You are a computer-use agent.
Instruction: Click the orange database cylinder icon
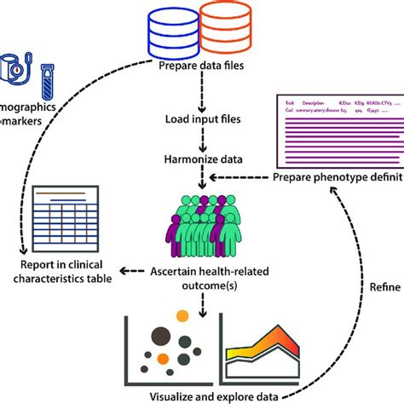click(225, 31)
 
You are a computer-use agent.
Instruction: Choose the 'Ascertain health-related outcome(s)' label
click(202, 280)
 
